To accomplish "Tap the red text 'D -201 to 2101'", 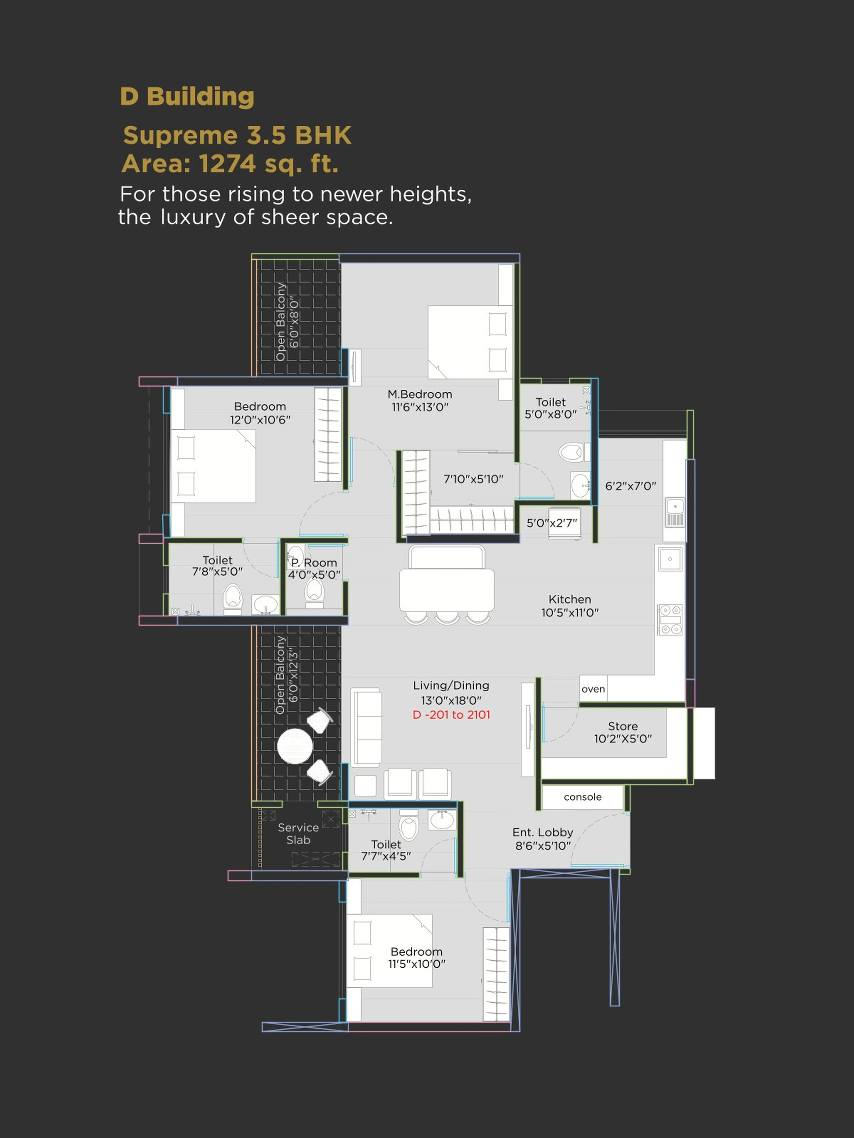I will [x=451, y=715].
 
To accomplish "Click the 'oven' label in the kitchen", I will [x=593, y=689].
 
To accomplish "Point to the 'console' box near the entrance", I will [x=582, y=797].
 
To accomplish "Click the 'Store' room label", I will [x=623, y=726].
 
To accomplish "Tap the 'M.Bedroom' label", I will [x=420, y=394].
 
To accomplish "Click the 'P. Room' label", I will [x=314, y=562].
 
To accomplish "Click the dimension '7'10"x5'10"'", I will [x=473, y=479].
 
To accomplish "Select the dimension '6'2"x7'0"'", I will [x=630, y=486].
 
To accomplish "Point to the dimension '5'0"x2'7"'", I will [x=552, y=523].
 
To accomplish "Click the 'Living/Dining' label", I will [x=451, y=685].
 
